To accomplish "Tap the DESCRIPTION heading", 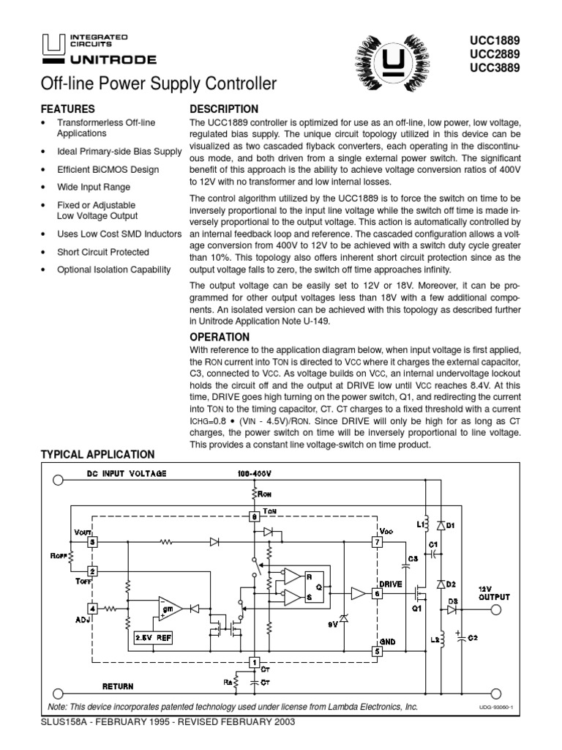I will click(x=224, y=108).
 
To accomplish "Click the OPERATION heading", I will click(x=220, y=337).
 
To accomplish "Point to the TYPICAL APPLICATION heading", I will click(x=97, y=455).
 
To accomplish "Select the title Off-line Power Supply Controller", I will click(x=159, y=84).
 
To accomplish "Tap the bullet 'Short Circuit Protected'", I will click(x=102, y=252).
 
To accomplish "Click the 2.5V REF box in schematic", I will click(x=153, y=637).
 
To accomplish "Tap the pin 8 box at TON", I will click(x=253, y=516).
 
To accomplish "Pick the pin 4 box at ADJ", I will click(x=92, y=608).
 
